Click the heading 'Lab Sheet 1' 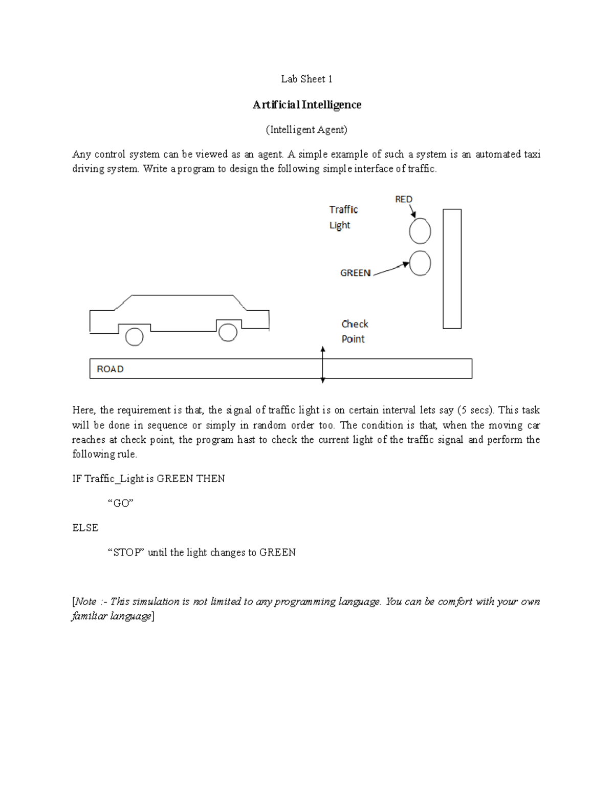pos(306,79)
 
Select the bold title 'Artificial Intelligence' pos(306,104)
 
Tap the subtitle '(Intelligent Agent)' pos(306,130)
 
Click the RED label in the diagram pos(403,199)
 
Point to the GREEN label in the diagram pos(355,273)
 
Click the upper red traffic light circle pos(420,231)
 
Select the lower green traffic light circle pos(420,263)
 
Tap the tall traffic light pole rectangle pos(452,268)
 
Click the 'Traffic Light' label pos(343,217)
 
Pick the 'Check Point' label pos(354,331)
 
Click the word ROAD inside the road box pos(110,369)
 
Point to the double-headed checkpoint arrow pos(322,364)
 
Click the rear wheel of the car pos(134,337)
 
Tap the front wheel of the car pos(228,332)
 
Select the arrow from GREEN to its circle pos(391,269)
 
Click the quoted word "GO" pos(120,503)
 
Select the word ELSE pos(85,528)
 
